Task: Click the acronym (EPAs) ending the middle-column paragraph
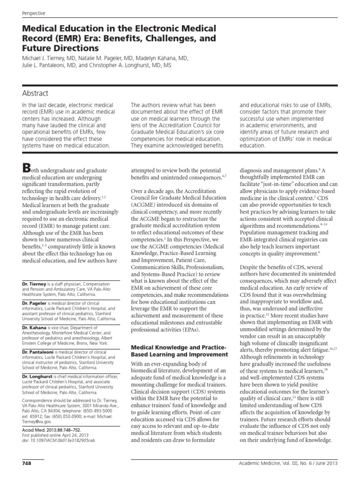[188, 330]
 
